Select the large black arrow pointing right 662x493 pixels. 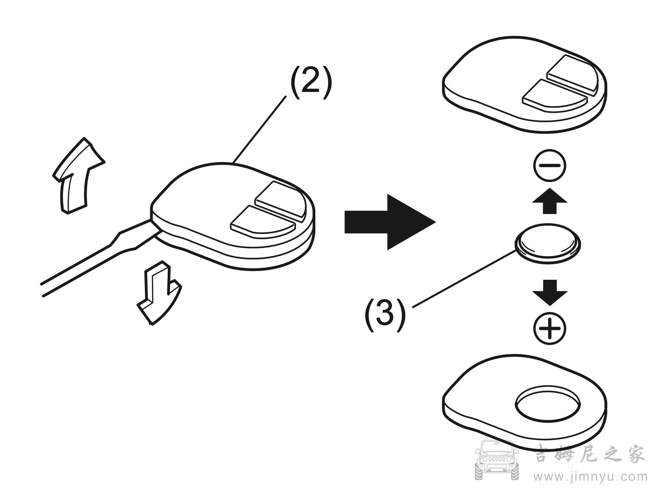click(x=389, y=222)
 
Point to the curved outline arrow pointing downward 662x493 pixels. click(x=158, y=294)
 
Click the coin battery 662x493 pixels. click(x=548, y=242)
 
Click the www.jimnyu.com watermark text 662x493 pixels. click(x=589, y=477)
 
